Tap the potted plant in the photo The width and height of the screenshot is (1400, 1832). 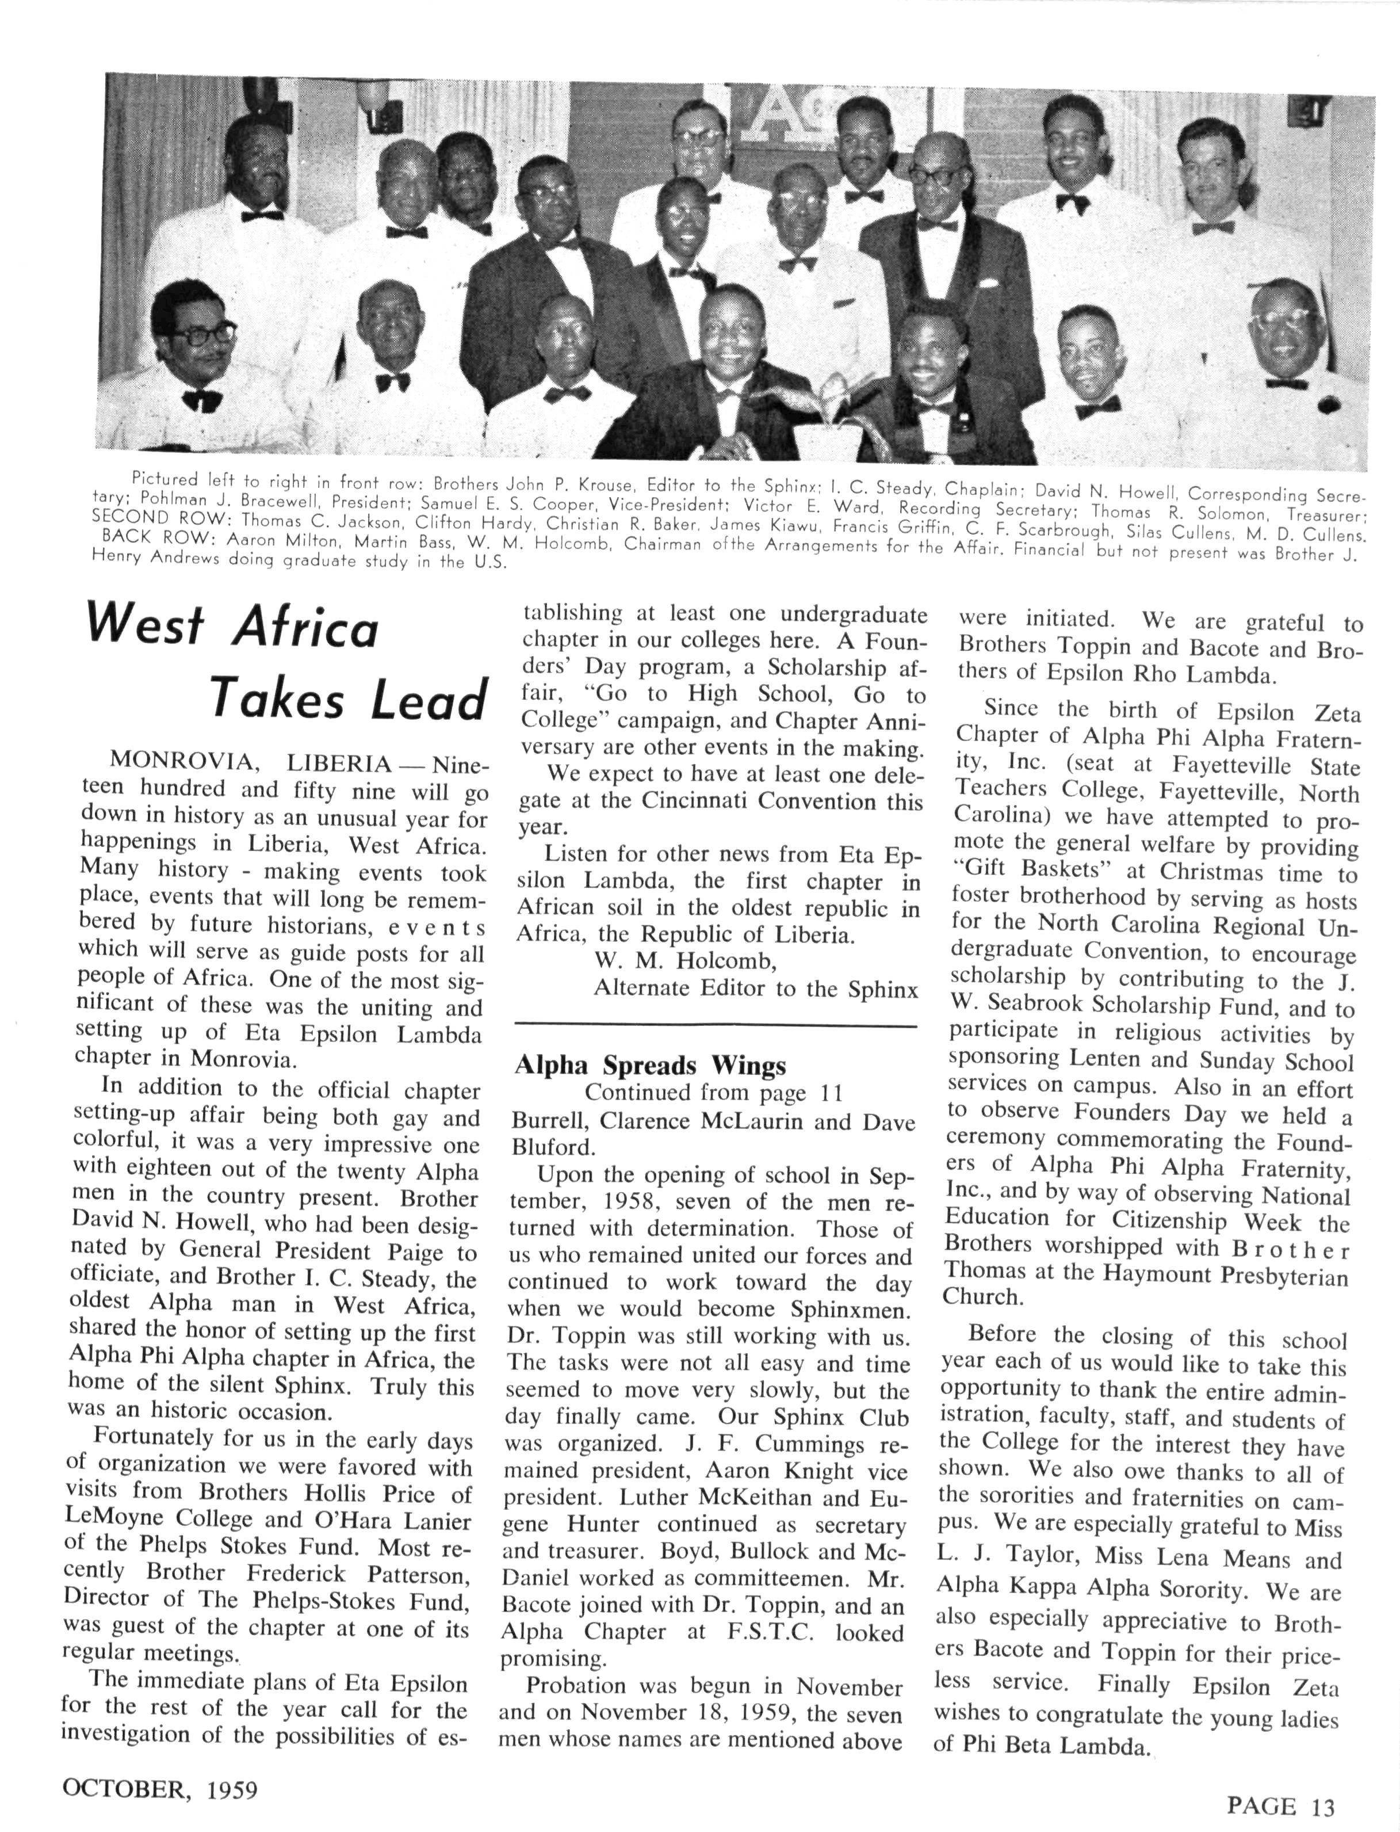pos(829,417)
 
